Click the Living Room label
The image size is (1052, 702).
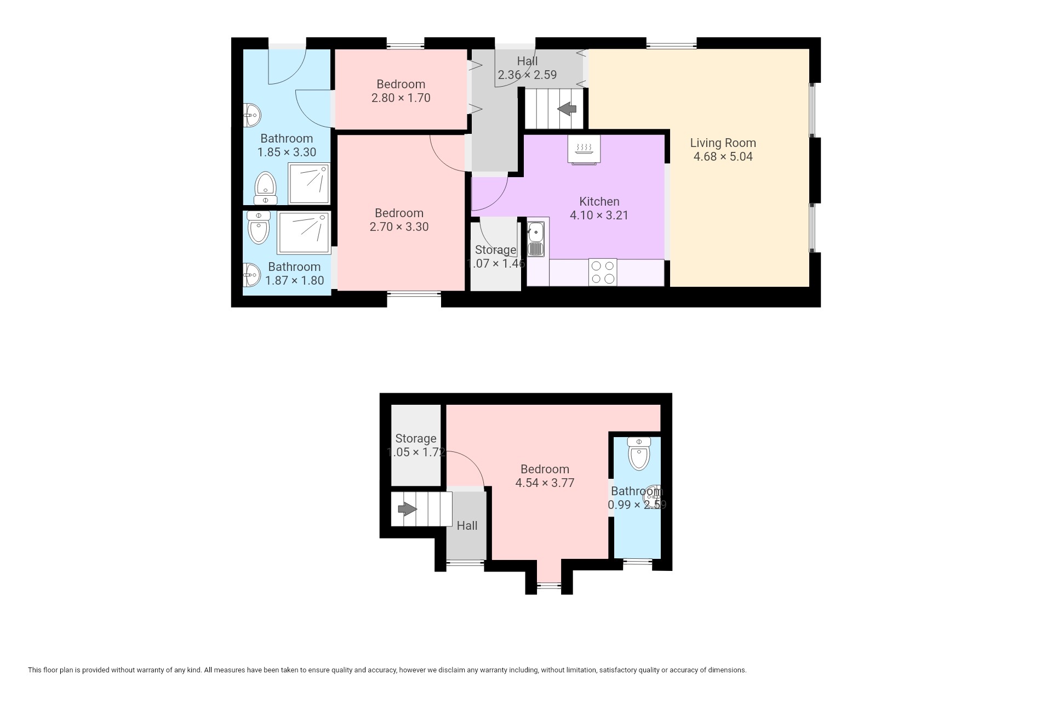[723, 143]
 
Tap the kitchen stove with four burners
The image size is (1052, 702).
[603, 272]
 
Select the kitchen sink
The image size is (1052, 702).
[536, 238]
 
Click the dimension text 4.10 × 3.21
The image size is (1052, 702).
[599, 215]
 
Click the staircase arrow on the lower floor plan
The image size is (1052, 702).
[407, 509]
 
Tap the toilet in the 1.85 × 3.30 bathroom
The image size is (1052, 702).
[266, 188]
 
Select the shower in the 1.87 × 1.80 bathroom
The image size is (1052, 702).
[304, 233]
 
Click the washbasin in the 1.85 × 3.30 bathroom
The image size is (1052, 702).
[252, 115]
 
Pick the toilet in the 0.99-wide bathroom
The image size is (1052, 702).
[639, 454]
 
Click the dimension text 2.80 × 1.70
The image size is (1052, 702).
[401, 98]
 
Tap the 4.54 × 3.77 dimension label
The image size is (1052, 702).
[545, 483]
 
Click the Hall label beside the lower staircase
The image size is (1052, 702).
[467, 525]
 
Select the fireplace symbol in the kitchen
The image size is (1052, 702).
[584, 149]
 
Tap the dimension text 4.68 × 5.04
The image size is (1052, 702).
[723, 156]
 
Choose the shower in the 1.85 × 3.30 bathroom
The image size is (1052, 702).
[310, 184]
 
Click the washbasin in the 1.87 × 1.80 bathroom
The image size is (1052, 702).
[252, 275]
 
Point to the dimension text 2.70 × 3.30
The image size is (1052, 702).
[399, 227]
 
